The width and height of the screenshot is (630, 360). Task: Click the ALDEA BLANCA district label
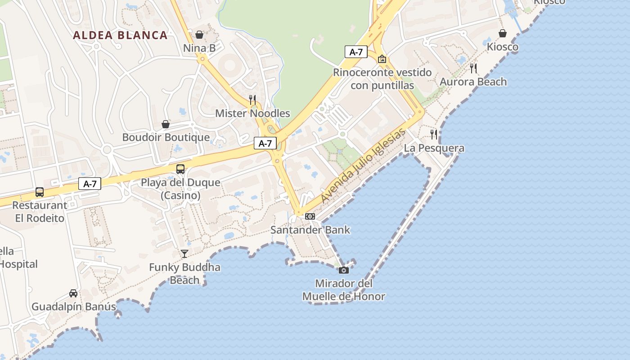pyautogui.click(x=120, y=35)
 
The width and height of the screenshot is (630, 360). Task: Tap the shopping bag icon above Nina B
pyautogui.click(x=199, y=35)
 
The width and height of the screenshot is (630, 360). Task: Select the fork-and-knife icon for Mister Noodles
pyautogui.click(x=252, y=99)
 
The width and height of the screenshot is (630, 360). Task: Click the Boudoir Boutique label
pyautogui.click(x=166, y=137)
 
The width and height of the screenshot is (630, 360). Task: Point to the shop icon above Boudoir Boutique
pyautogui.click(x=166, y=124)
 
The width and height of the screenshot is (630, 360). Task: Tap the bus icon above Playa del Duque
pyautogui.click(x=180, y=169)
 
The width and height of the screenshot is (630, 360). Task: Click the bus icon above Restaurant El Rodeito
pyautogui.click(x=40, y=192)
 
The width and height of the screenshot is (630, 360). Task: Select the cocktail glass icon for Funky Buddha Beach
pyautogui.click(x=184, y=254)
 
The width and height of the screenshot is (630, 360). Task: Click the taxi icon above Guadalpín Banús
pyautogui.click(x=73, y=293)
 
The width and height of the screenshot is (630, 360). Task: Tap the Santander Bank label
pyautogui.click(x=310, y=230)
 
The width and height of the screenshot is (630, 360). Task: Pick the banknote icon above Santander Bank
pyautogui.click(x=310, y=216)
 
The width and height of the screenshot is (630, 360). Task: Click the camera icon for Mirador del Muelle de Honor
pyautogui.click(x=343, y=270)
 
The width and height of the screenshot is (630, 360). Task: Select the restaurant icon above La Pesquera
pyautogui.click(x=434, y=134)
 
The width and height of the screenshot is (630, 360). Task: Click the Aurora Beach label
pyautogui.click(x=473, y=82)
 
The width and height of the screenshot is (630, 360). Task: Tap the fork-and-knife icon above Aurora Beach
pyautogui.click(x=473, y=68)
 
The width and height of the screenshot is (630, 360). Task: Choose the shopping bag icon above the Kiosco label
pyautogui.click(x=503, y=33)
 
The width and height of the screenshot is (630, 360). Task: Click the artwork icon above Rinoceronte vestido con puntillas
pyautogui.click(x=382, y=59)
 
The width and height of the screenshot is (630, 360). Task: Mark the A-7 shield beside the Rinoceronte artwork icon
pyautogui.click(x=356, y=52)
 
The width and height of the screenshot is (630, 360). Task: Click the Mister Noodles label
pyautogui.click(x=252, y=113)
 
